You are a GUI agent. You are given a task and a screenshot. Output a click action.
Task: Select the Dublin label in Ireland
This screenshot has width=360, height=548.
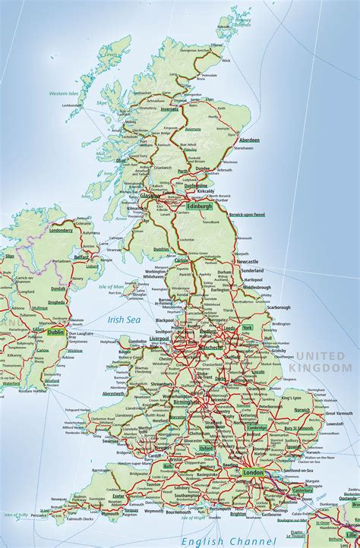pos(55,332)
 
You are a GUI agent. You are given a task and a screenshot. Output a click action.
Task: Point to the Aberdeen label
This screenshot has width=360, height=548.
pos(248,140)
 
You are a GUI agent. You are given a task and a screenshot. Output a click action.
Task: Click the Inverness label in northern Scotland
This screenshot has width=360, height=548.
pos(169,109)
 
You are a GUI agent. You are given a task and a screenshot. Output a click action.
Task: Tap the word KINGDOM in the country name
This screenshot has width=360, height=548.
pos(322,367)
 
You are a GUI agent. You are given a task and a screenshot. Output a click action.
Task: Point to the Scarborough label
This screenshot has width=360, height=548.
pos(278,307)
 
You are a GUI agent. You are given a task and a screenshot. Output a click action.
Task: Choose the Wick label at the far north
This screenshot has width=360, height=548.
pos(226,58)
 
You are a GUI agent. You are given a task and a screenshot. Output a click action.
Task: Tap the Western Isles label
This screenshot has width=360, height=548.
pos(64,93)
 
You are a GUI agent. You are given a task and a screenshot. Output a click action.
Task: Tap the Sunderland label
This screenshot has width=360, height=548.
pos(251,270)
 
